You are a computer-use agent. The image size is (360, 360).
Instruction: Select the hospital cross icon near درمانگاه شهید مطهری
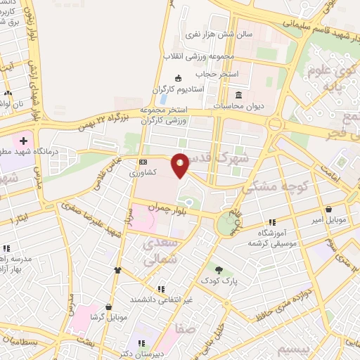tap(23, 141)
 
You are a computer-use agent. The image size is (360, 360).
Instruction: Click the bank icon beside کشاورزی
tap(143, 160)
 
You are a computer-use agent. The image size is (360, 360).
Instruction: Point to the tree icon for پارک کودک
tap(219, 269)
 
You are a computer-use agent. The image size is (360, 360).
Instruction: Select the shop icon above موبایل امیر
tap(329, 209)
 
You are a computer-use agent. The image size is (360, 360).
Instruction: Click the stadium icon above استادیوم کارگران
tap(178, 78)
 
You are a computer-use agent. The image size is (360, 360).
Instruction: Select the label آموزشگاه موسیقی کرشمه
tap(267, 237)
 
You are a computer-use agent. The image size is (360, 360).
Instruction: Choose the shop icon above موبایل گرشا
tap(108, 307)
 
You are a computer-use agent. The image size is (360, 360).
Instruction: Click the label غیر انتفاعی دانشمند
tap(160, 300)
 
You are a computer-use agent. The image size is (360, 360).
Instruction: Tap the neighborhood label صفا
tap(186, 328)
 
